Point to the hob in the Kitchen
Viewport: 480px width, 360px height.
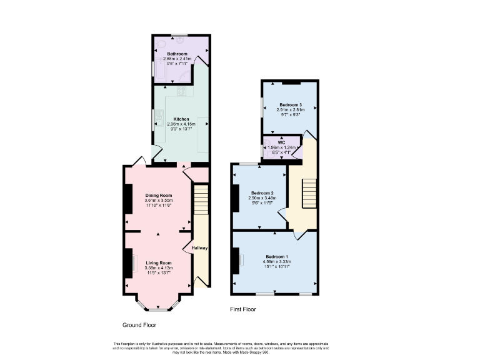click(182, 92)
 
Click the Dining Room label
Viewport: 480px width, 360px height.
click(158, 195)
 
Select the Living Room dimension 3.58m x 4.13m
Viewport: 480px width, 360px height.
click(158, 268)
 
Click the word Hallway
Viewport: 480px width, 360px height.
click(199, 248)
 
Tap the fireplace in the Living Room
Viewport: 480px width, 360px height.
click(132, 262)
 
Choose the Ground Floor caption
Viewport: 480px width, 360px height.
click(139, 325)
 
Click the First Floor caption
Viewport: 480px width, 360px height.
click(243, 309)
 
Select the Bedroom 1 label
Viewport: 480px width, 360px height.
click(277, 257)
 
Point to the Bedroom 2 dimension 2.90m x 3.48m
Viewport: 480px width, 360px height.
click(263, 198)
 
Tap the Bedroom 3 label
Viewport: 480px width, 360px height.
click(291, 104)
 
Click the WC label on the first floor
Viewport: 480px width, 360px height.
click(281, 142)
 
